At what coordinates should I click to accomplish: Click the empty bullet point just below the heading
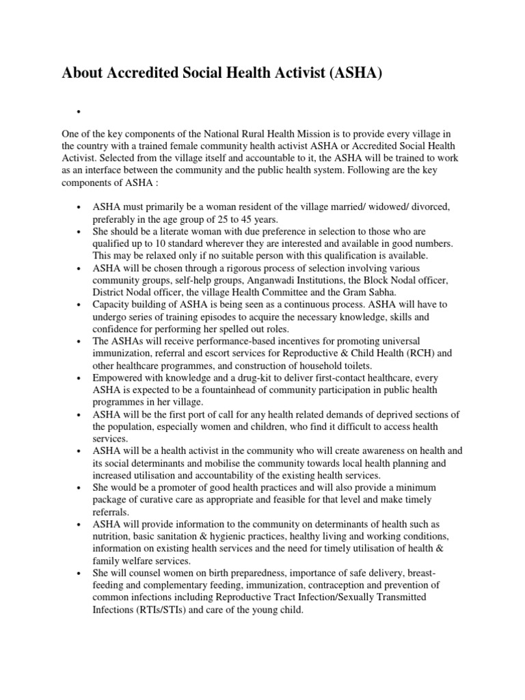click(80, 113)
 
